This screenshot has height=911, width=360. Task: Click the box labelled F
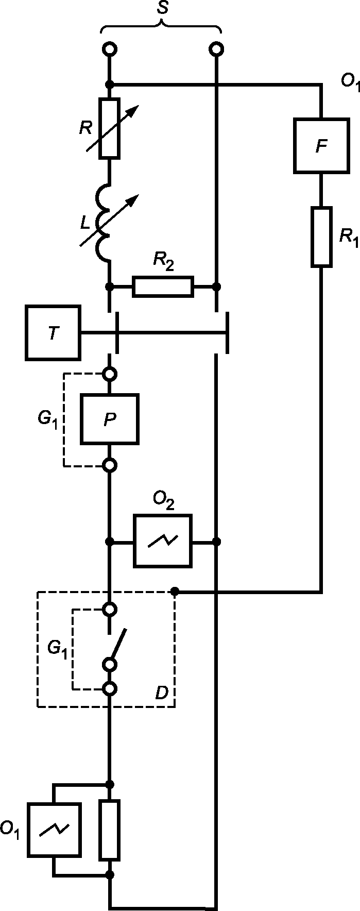pyautogui.click(x=321, y=146)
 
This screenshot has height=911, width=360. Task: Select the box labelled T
pyautogui.click(x=53, y=332)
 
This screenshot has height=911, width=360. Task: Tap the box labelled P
pyautogui.click(x=109, y=419)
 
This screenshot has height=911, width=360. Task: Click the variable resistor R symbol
pyautogui.click(x=109, y=128)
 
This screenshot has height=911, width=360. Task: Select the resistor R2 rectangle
pyautogui.click(x=163, y=286)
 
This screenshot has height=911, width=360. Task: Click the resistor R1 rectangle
pyautogui.click(x=321, y=237)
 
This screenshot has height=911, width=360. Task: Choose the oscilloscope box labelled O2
pyautogui.click(x=163, y=541)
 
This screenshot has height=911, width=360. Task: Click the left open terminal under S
pyautogui.click(x=109, y=49)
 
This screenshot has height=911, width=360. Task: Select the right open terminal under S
pyautogui.click(x=217, y=49)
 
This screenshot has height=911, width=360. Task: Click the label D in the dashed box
pyautogui.click(x=161, y=693)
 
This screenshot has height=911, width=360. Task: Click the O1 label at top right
pyautogui.click(x=350, y=82)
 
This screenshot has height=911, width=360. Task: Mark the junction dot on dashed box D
pyautogui.click(x=175, y=591)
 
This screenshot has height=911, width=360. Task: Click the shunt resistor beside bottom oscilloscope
pyautogui.click(x=109, y=830)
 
